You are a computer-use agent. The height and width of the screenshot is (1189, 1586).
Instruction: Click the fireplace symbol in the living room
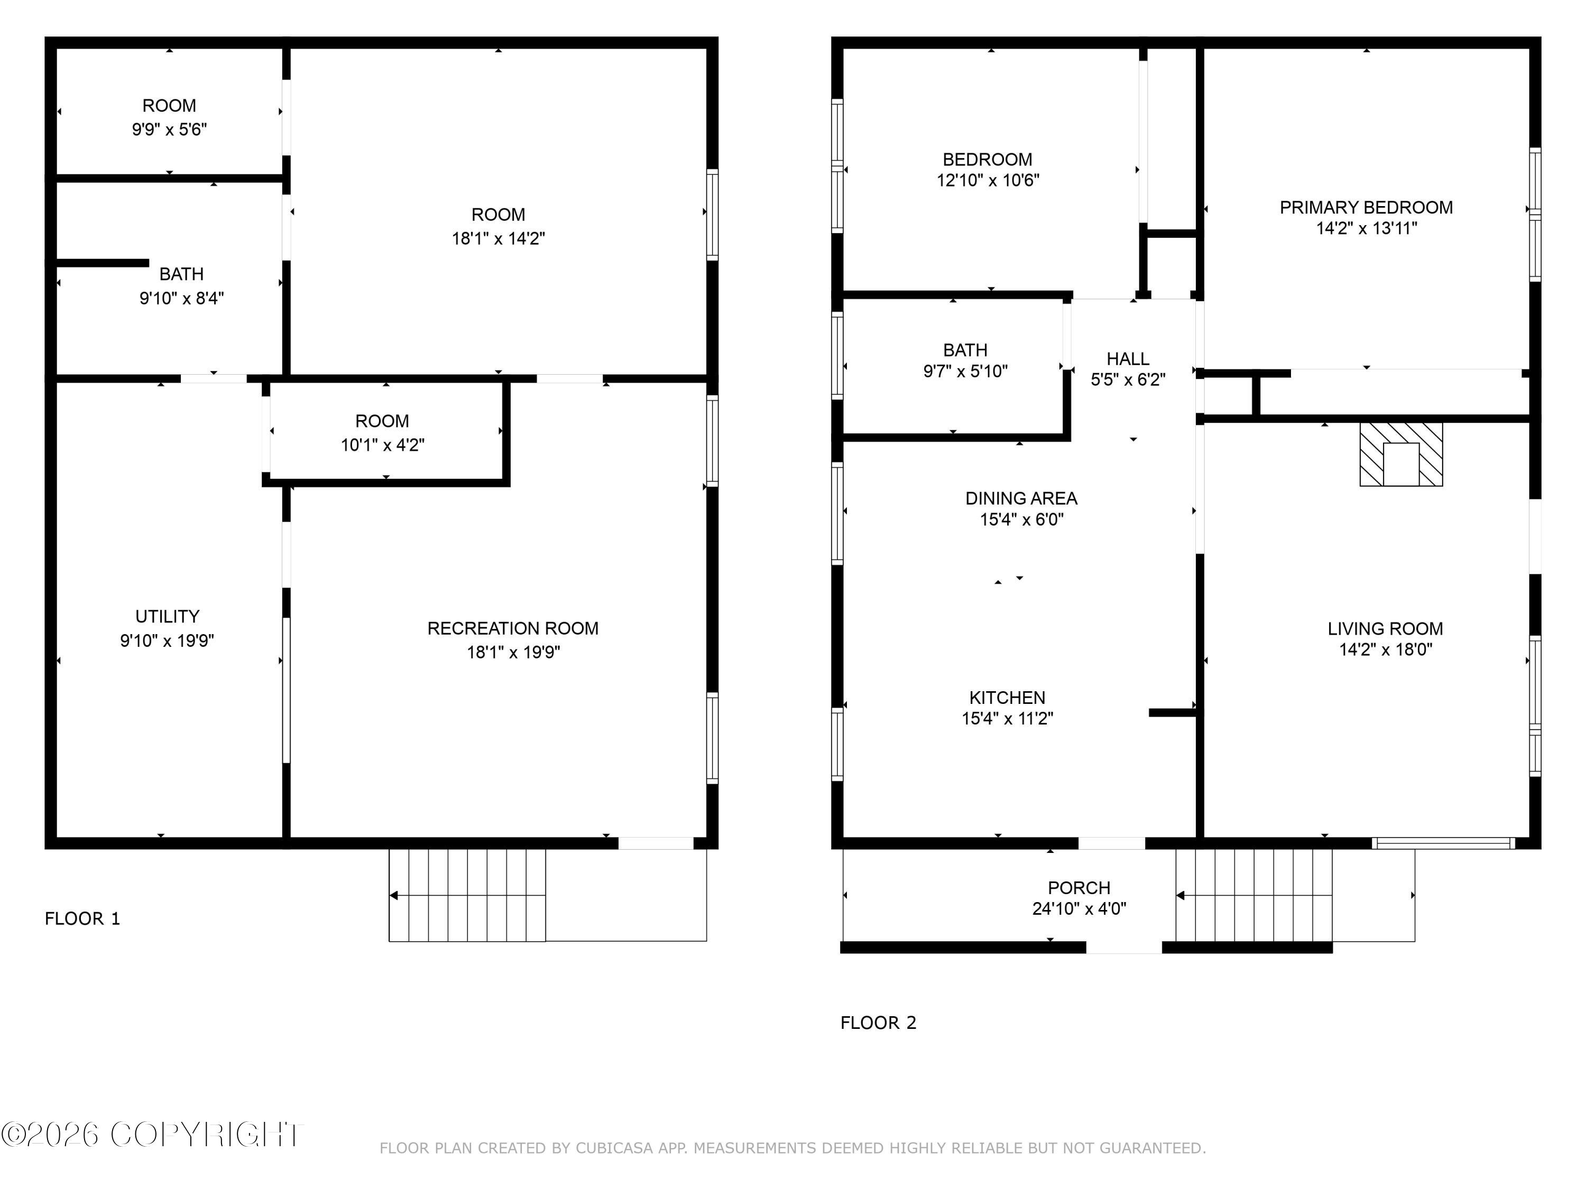[x=1400, y=454]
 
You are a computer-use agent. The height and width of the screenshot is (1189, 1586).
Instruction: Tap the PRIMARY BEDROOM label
[x=1366, y=208]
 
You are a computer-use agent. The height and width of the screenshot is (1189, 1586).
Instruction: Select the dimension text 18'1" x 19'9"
[x=513, y=652]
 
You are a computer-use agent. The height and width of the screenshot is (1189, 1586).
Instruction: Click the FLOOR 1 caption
[x=82, y=919]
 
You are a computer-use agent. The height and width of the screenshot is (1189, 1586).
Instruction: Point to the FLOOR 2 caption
[x=878, y=1023]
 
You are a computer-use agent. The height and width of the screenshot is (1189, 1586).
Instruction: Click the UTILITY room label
[x=167, y=616]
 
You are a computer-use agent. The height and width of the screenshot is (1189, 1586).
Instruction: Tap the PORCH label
[x=1078, y=888]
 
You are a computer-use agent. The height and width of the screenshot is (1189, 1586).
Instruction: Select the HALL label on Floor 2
[x=1127, y=359]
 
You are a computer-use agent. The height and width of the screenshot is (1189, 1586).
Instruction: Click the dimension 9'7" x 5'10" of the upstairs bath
[x=965, y=371]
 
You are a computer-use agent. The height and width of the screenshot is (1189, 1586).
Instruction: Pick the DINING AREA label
[x=1021, y=498]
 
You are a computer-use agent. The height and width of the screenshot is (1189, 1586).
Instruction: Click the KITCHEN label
[x=1007, y=698]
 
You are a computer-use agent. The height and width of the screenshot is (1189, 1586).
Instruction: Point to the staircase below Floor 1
[x=467, y=895]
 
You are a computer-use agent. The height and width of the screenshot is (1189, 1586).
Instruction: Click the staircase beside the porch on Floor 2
[x=1253, y=895]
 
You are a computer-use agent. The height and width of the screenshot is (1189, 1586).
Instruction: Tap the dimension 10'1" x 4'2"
[x=382, y=445]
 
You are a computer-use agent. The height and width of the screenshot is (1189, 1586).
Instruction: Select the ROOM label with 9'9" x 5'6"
[x=169, y=106]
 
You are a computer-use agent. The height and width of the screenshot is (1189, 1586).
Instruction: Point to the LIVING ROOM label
[x=1385, y=628]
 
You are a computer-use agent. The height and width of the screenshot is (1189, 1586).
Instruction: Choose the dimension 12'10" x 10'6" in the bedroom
[x=988, y=181]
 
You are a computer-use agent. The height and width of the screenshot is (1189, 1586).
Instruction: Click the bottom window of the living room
[x=1443, y=843]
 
